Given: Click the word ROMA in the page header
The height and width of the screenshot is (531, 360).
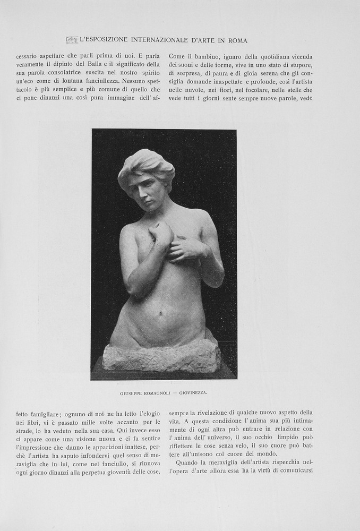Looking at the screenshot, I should (x=237, y=40).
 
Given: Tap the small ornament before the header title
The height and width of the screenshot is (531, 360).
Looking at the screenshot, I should (x=72, y=40).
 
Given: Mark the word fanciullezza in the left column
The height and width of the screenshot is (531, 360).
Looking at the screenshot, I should (x=98, y=81).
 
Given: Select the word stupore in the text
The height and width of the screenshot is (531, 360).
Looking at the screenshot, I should (x=297, y=65).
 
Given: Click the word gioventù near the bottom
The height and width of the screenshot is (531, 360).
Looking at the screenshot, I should (x=124, y=471).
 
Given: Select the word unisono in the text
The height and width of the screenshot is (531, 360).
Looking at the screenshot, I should (x=201, y=454).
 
